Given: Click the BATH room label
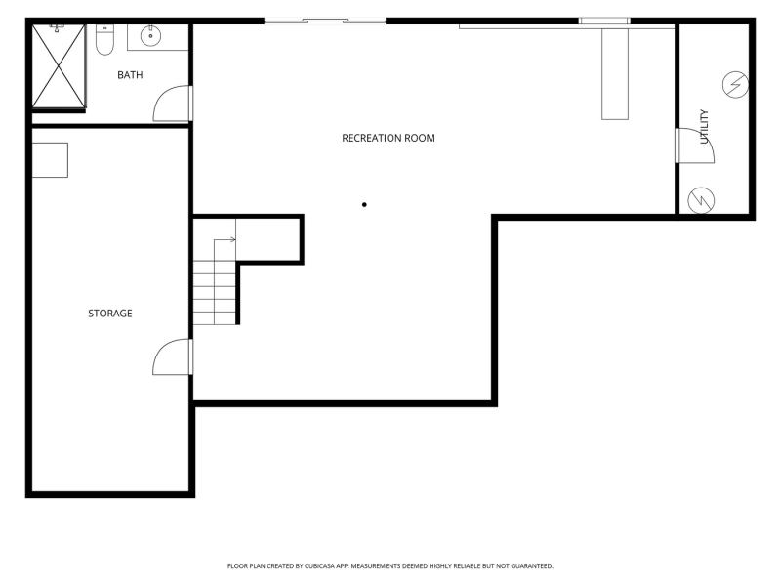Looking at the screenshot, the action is [x=130, y=75].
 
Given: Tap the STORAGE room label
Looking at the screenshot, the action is [x=110, y=314].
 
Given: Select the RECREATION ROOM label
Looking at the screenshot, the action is [x=388, y=138].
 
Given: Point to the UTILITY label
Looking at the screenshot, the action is [x=704, y=127].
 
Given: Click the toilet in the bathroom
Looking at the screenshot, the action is [x=104, y=39].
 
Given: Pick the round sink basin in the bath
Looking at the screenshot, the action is [x=150, y=36].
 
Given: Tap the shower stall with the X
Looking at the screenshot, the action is [x=59, y=65].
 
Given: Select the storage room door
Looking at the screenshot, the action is [x=172, y=356].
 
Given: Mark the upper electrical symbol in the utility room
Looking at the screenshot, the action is [x=735, y=85].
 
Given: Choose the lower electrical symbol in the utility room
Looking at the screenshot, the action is [x=701, y=200].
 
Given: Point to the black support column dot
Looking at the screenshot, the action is [x=364, y=205].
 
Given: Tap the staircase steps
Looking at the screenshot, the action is [x=215, y=293].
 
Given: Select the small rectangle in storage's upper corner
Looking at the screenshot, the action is [x=50, y=160].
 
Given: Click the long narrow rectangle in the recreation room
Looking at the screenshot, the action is [x=615, y=74].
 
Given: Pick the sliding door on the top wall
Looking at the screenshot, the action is [x=325, y=21].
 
